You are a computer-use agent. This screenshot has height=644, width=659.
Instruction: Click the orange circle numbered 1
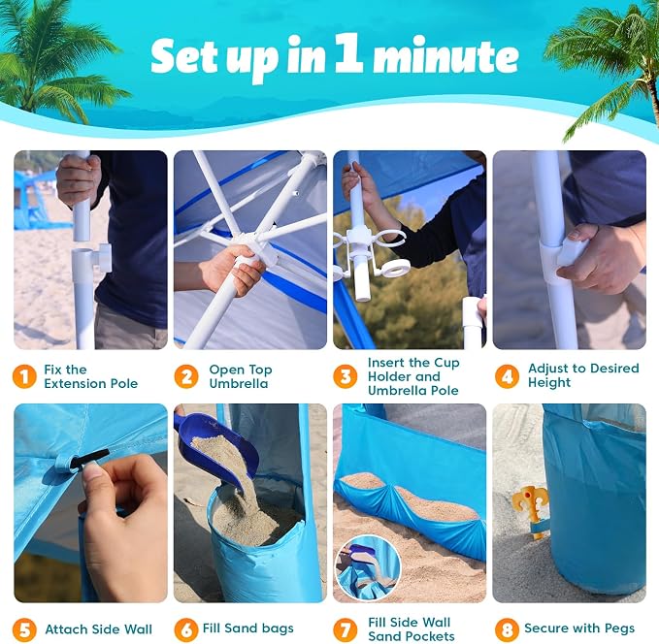pyautogui.click(x=24, y=376)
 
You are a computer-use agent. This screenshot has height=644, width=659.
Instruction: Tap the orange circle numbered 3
pyautogui.click(x=346, y=376)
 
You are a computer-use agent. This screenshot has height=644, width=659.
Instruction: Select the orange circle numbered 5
pyautogui.click(x=24, y=629)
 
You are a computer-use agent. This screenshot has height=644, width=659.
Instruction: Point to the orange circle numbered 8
pyautogui.click(x=507, y=629)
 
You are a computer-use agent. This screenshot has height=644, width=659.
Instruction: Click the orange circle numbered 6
pyautogui.click(x=185, y=629)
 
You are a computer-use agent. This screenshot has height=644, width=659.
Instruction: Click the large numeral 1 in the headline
pyautogui.click(x=348, y=53)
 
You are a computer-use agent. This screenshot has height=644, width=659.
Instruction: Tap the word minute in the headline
pyautogui.click(x=445, y=55)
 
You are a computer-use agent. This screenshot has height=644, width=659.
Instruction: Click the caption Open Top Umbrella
pyautogui.click(x=241, y=376)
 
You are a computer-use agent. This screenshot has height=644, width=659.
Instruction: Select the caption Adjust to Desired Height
pyautogui.click(x=583, y=375)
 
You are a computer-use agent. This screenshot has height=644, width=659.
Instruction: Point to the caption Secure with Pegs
pyautogui.click(x=579, y=628)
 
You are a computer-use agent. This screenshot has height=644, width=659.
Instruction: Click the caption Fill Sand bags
pyautogui.click(x=247, y=628)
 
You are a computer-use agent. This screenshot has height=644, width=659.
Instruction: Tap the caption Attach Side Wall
pyautogui.click(x=98, y=629)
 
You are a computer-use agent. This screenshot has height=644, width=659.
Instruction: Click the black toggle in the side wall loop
pyautogui.click(x=89, y=459)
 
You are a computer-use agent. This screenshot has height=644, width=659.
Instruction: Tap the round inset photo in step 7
pyautogui.click(x=369, y=568)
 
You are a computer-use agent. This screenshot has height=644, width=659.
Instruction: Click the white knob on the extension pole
pyautogui.click(x=103, y=256)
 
